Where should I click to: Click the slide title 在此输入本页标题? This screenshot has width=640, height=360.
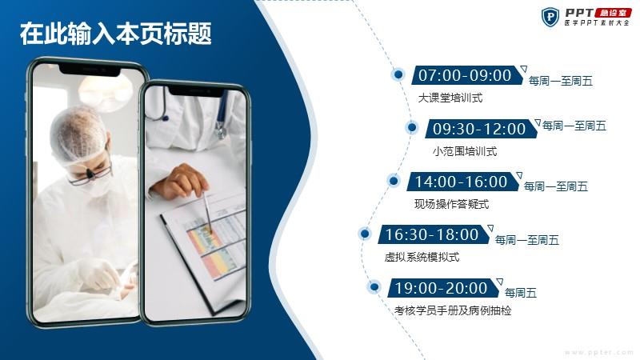click(115, 34)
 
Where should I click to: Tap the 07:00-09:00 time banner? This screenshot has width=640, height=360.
click(467, 75)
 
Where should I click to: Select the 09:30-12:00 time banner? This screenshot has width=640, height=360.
click(481, 129)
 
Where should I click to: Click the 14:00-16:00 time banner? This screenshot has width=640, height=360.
click(463, 182)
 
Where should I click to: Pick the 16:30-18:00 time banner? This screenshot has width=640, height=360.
click(434, 234)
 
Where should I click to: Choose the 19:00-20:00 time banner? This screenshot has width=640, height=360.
click(443, 288)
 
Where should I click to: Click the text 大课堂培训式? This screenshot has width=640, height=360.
click(450, 98)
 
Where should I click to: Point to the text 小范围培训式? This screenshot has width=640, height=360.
click(465, 151)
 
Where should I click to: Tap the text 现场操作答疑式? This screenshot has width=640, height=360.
click(451, 204)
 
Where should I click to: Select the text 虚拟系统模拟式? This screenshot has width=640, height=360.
click(422, 257)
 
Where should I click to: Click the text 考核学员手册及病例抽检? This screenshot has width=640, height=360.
click(453, 310)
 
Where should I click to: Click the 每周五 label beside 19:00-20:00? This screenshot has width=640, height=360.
click(521, 293)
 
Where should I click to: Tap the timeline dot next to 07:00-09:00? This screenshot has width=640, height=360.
click(398, 74)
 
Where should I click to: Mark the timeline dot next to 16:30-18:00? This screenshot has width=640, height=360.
click(365, 234)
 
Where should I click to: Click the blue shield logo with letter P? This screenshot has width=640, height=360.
click(550, 17)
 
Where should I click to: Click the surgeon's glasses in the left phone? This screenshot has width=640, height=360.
click(90, 174)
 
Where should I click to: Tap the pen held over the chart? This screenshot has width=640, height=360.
click(208, 213)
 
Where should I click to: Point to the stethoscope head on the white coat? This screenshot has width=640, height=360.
click(221, 130)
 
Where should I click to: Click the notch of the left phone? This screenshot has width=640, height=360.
click(90, 70)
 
